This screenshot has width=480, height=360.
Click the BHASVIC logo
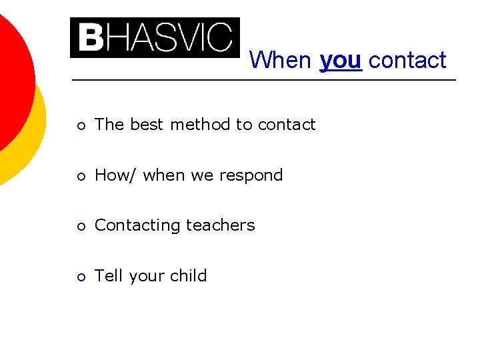pyautogui.click(x=155, y=37)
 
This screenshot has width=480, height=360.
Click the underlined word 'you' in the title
pyautogui.click(x=341, y=61)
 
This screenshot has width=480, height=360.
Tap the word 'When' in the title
pyautogui.click(x=280, y=61)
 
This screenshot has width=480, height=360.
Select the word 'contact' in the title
pyautogui.click(x=407, y=61)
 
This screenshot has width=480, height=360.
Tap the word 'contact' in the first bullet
pyautogui.click(x=287, y=125)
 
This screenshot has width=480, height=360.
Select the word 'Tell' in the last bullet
pyautogui.click(x=107, y=275)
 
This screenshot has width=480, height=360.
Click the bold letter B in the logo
pyautogui.click(x=89, y=37)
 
